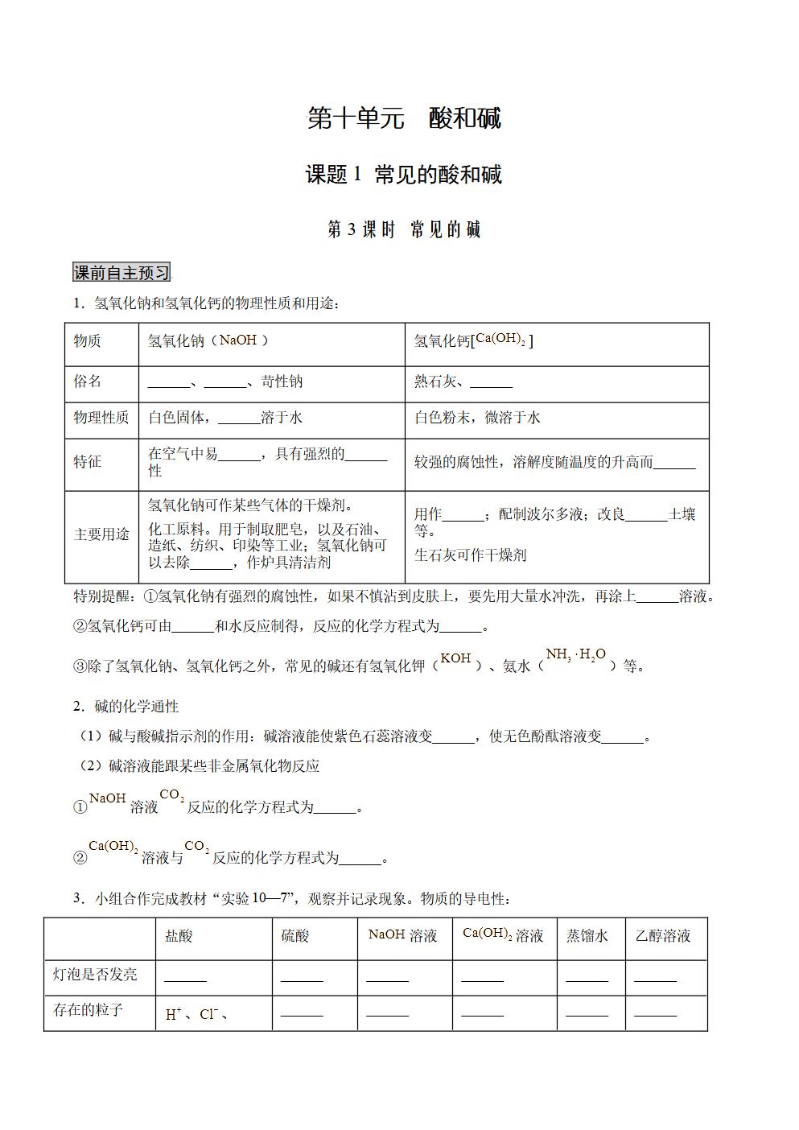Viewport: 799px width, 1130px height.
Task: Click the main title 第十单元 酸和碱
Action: pyautogui.click(x=404, y=119)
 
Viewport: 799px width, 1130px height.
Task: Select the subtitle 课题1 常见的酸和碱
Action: pyautogui.click(x=404, y=175)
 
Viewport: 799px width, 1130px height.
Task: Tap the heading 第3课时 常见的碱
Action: pyautogui.click(x=404, y=229)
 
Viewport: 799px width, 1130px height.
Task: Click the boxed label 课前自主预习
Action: pyautogui.click(x=121, y=273)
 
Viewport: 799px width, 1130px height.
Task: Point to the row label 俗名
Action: pyautogui.click(x=88, y=381)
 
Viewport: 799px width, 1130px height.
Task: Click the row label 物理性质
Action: pyautogui.click(x=101, y=418)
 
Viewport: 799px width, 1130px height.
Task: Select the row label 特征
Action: pyautogui.click(x=88, y=462)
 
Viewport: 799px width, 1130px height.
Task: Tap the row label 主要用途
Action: pyautogui.click(x=101, y=535)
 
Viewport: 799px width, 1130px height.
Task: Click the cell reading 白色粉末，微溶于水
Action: pyautogui.click(x=477, y=418)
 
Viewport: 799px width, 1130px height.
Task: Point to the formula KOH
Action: pyautogui.click(x=455, y=658)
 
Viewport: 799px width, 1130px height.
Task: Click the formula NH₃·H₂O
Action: pyautogui.click(x=575, y=655)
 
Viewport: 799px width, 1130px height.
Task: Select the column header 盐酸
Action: pyautogui.click(x=179, y=936)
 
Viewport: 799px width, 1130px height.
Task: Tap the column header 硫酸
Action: pyautogui.click(x=294, y=936)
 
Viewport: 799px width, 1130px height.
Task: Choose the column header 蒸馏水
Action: pyautogui.click(x=587, y=936)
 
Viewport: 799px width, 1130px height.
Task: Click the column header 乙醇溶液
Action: pyautogui.click(x=663, y=936)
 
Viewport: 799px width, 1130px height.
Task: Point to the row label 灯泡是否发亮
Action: pyautogui.click(x=95, y=975)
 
